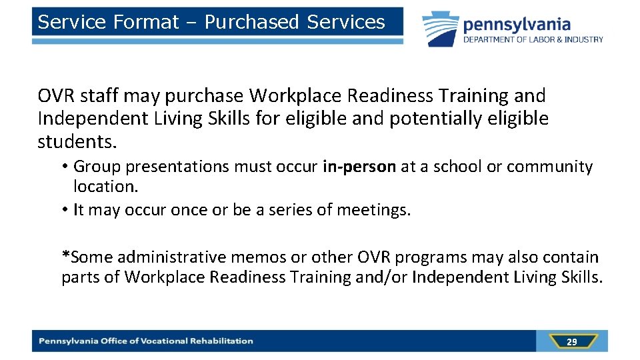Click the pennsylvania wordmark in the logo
point(517,25)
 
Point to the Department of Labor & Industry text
point(533,39)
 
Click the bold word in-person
point(359,167)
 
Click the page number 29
point(571,342)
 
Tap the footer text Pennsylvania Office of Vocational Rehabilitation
point(146,341)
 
